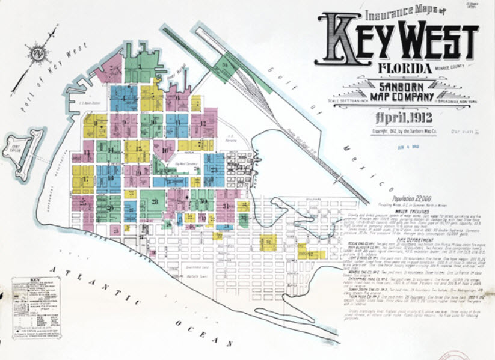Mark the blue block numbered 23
tap(214, 169)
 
